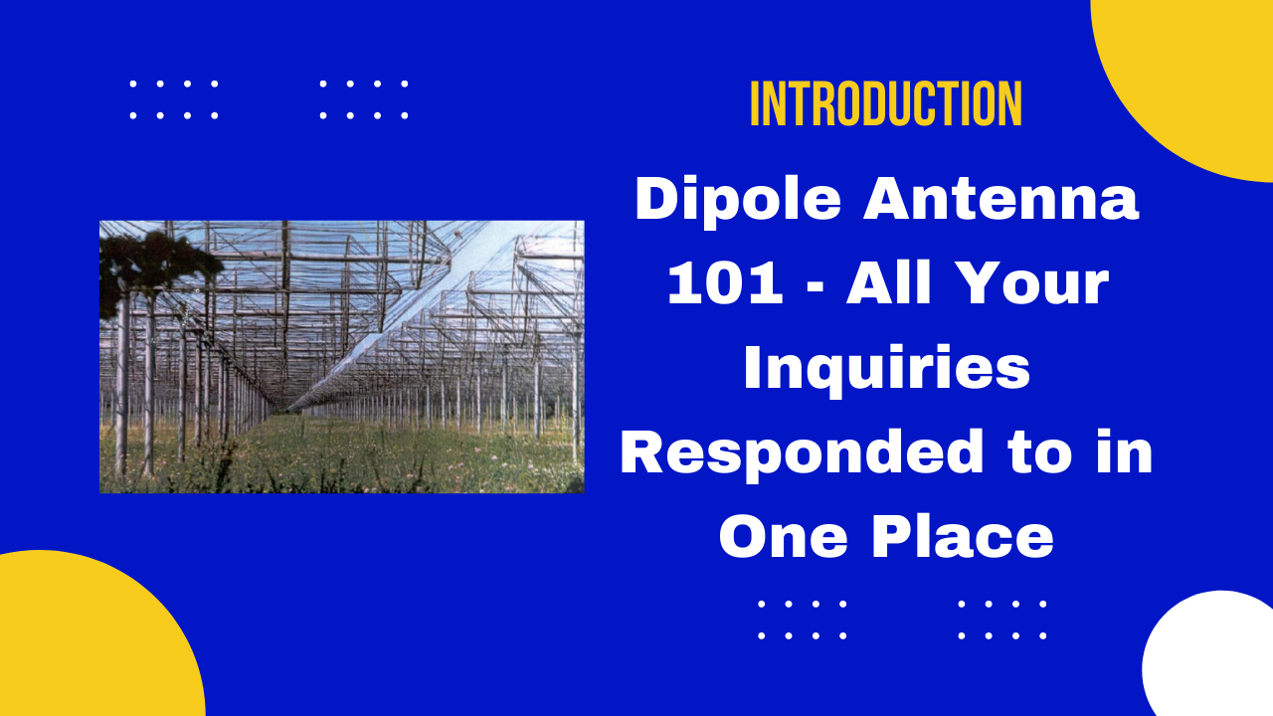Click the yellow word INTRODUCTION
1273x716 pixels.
(x=886, y=103)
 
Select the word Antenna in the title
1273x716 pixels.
(x=1001, y=199)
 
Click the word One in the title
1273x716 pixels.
(x=784, y=538)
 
